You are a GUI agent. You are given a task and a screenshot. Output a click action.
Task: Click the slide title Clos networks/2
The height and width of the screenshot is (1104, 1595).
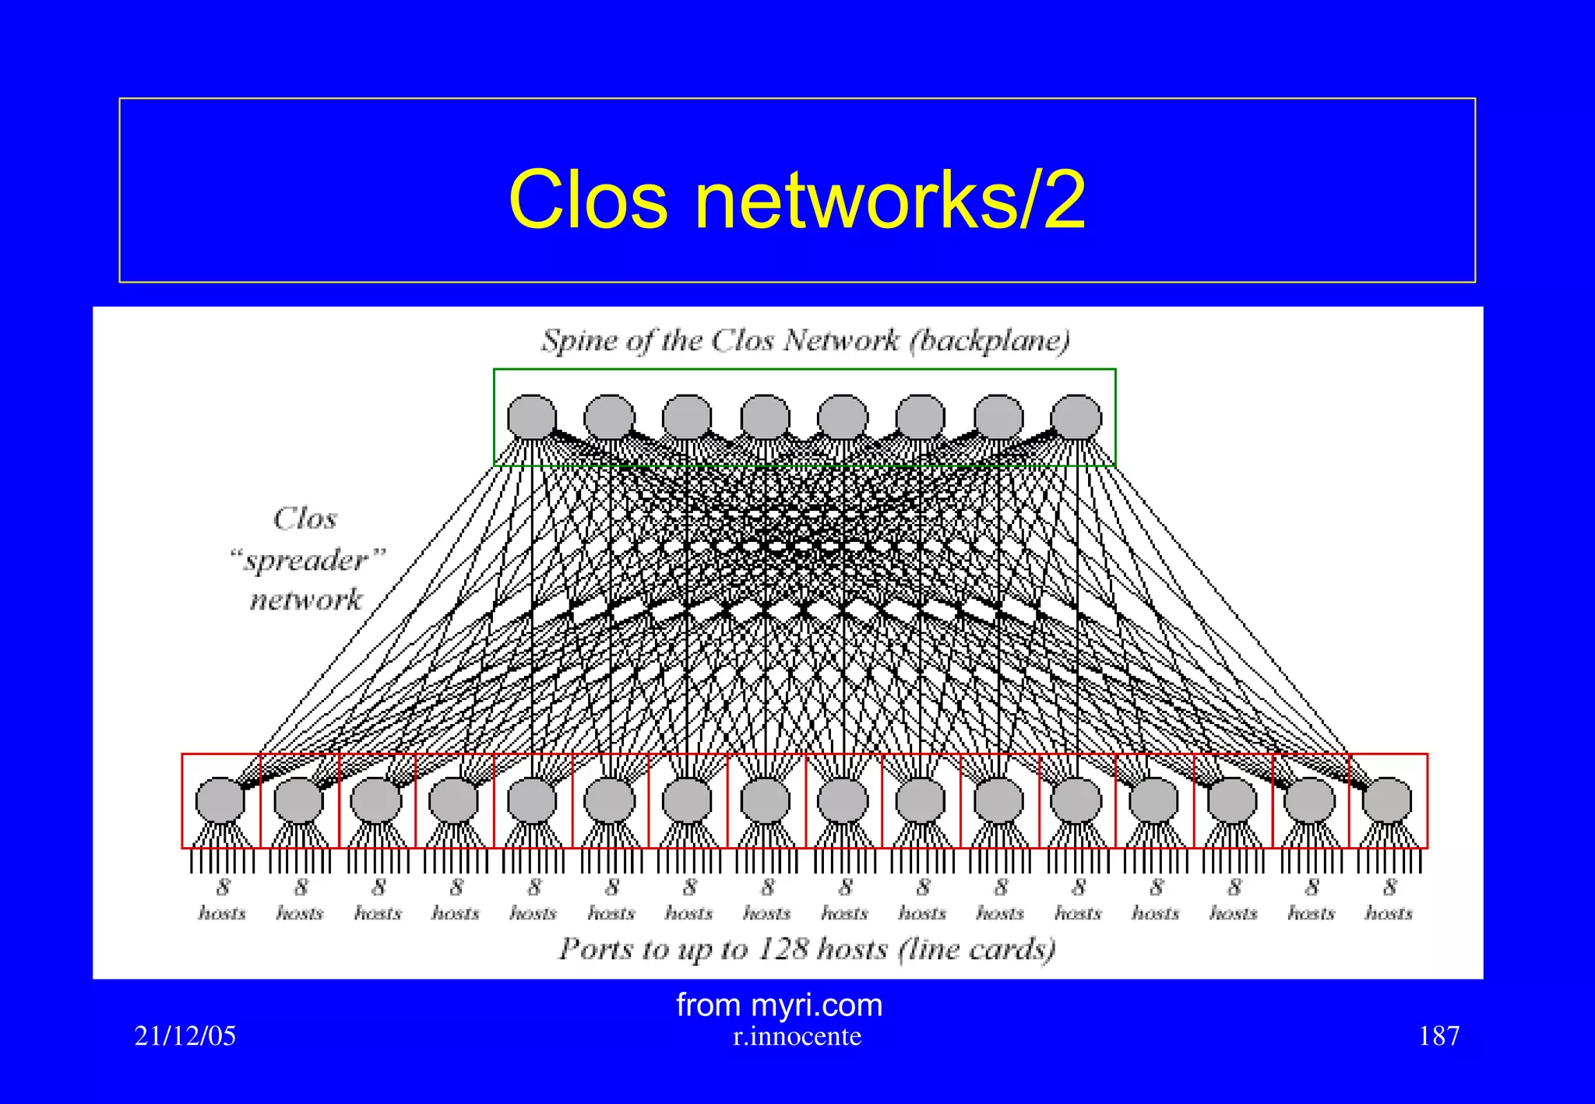797,201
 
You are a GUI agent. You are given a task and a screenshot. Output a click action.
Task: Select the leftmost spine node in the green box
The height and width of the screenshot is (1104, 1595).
532,417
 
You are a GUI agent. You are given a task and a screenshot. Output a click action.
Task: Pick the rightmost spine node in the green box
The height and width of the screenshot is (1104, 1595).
1076,417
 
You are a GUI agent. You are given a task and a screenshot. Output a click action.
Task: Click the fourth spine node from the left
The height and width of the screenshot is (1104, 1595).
765,417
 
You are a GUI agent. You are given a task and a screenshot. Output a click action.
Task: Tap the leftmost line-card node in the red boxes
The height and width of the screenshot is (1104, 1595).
220,800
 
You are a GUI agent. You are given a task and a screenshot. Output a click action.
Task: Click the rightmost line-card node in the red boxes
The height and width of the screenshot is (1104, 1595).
1388,800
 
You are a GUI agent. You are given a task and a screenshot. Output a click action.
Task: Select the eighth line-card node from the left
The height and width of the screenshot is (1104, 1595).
765,800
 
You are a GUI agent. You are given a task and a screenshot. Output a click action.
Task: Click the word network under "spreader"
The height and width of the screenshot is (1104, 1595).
306,600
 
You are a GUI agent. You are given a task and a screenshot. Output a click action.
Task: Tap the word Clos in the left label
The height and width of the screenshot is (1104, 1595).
305,519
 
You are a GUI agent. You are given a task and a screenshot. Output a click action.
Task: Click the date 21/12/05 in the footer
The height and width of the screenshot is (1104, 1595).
185,1036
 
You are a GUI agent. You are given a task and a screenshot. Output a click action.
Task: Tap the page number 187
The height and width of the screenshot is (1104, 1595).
1438,1036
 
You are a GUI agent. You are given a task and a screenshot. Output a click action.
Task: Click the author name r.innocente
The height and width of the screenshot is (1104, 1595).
797,1037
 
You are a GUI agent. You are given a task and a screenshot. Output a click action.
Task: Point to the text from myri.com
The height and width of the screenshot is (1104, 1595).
779,1005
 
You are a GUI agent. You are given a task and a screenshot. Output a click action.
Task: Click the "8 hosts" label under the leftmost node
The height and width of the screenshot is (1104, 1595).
223,900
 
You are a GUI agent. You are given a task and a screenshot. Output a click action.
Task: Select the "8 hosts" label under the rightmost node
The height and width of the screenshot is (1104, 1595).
1389,900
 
